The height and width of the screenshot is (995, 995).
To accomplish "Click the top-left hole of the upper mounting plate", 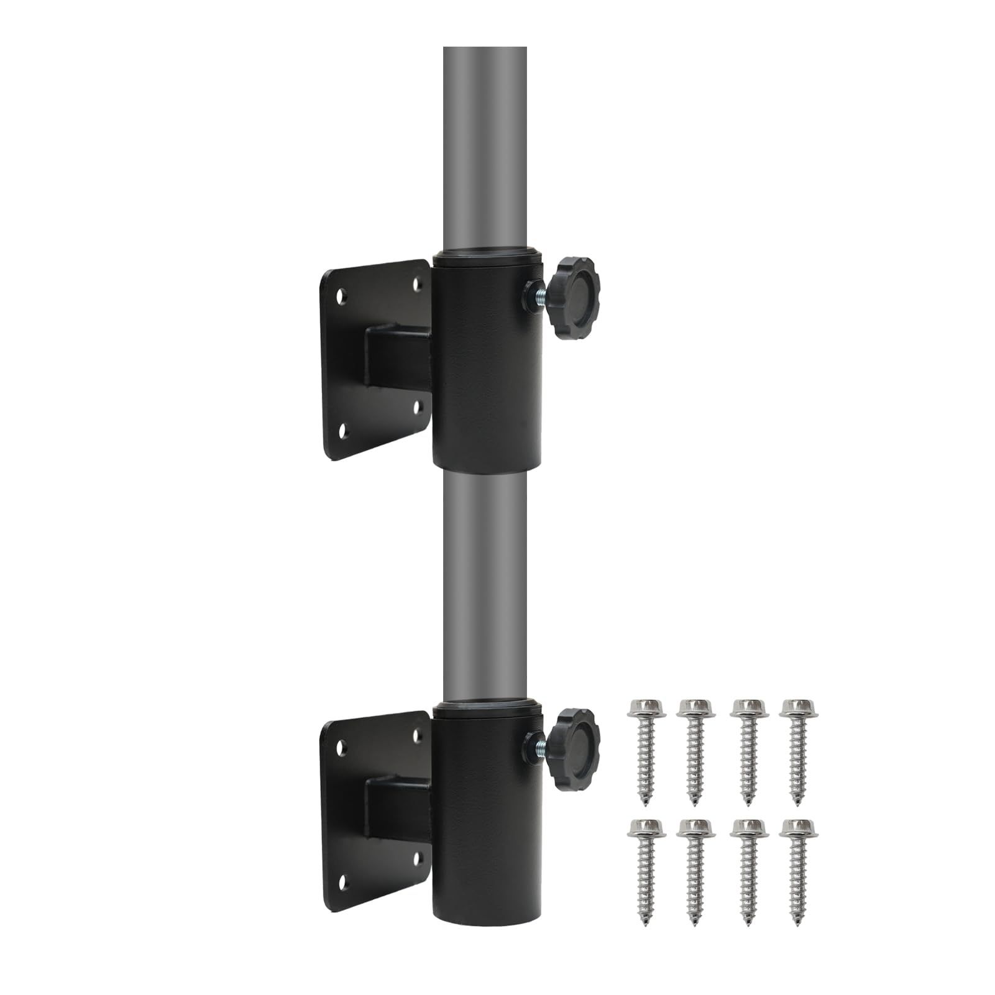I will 341,292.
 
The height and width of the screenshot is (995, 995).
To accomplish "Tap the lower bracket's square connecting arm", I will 398,808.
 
